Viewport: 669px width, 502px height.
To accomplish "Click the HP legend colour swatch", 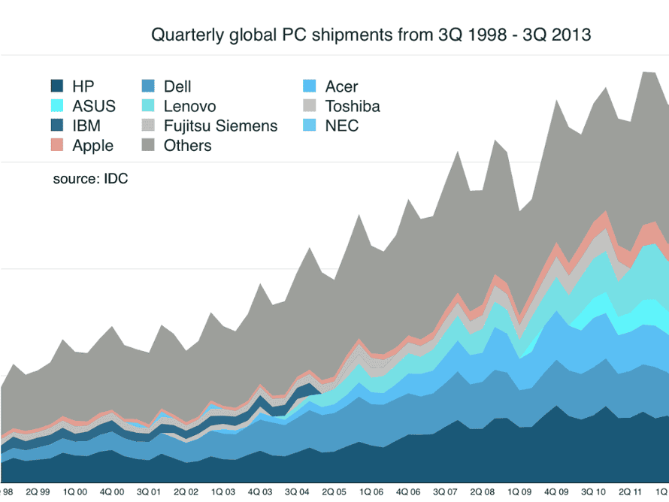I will pyautogui.click(x=57, y=86).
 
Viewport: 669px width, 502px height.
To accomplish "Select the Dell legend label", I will pyautogui.click(x=177, y=86).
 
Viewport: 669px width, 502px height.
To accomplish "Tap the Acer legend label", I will pyautogui.click(x=341, y=86).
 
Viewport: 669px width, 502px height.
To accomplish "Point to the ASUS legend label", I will pyautogui.click(x=94, y=106).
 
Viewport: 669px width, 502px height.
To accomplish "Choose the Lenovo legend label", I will pyautogui.click(x=189, y=106).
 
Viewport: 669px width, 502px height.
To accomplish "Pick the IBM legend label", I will pyautogui.click(x=86, y=125).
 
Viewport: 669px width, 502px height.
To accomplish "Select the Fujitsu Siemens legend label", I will pyautogui.click(x=220, y=125).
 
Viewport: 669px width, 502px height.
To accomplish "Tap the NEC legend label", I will pyautogui.click(x=342, y=125).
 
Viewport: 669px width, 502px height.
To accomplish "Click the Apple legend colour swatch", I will pyautogui.click(x=57, y=146).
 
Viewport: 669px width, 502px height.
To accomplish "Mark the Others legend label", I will pyautogui.click(x=188, y=146).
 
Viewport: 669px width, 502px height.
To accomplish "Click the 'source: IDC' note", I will pyautogui.click(x=90, y=180).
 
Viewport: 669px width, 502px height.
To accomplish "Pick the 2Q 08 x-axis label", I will pyautogui.click(x=486, y=492).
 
